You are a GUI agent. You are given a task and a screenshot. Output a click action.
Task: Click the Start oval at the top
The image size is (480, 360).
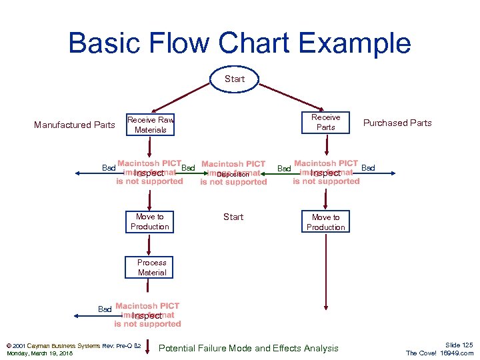coord(234,79)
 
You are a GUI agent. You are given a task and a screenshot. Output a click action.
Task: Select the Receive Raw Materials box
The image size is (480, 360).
coord(151,125)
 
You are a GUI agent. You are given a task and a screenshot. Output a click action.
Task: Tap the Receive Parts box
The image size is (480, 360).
coord(325,122)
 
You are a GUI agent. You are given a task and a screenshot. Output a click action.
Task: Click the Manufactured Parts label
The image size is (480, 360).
coord(75,125)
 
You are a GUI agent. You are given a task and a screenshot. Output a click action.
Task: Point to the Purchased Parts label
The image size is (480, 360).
coord(397,123)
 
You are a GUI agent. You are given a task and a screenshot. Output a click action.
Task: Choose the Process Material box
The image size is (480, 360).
coord(151,267)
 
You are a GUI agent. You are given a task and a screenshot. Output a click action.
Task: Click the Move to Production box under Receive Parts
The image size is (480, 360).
coord(325,222)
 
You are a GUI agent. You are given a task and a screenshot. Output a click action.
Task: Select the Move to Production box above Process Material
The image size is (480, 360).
coord(150,221)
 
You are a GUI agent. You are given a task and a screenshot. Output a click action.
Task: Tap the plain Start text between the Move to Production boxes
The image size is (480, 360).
coord(233,217)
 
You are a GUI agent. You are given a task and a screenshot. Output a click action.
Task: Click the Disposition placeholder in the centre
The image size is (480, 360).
coord(233,174)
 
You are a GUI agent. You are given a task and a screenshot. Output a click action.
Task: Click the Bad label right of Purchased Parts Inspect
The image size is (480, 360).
coord(368,168)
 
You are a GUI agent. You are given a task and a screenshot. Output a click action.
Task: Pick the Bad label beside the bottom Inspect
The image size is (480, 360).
coord(105,309)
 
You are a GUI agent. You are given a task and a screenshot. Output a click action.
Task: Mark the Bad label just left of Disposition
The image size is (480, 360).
coord(188,168)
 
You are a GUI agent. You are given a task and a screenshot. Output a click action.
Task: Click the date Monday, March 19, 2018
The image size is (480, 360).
coord(39,353)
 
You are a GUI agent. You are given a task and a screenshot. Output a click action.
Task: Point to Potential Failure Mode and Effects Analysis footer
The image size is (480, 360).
coord(249,348)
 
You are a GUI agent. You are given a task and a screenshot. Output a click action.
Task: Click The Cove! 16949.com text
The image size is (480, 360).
coord(439,353)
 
